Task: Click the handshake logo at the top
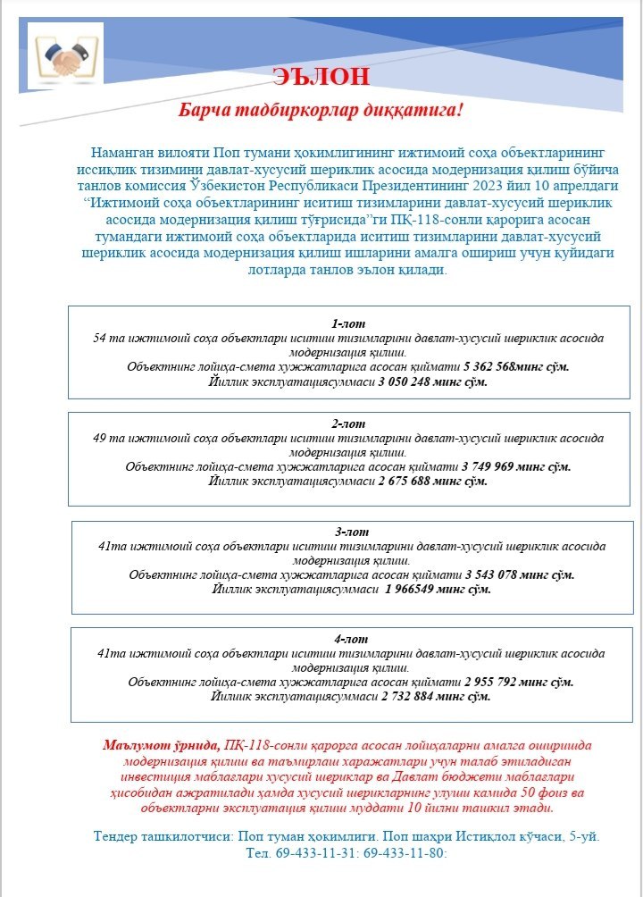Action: (x=65, y=55)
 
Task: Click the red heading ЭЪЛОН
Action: (x=321, y=76)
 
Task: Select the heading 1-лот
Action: (x=348, y=323)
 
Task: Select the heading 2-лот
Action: (x=348, y=424)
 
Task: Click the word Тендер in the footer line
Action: (x=117, y=836)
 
